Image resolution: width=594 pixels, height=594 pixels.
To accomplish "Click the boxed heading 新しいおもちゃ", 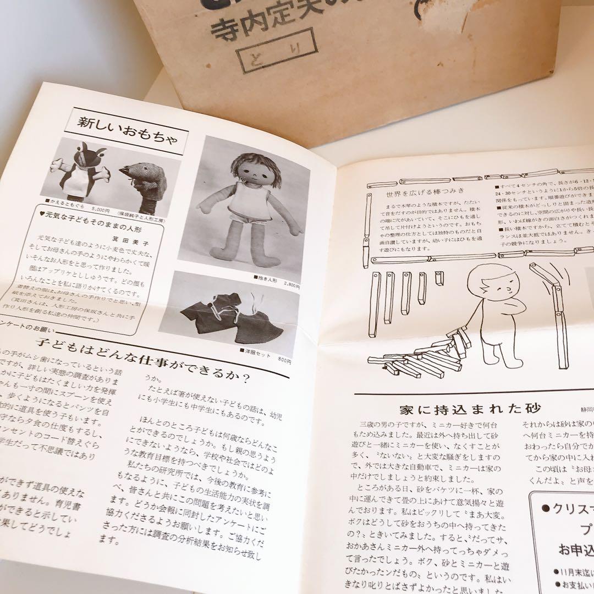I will point(127,128).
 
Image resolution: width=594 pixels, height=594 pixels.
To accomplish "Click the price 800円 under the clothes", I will point(284,360).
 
